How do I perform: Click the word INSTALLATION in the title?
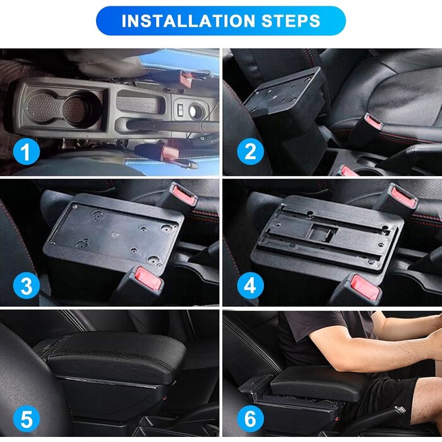188,21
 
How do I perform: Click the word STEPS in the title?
290,21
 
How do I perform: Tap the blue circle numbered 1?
27,152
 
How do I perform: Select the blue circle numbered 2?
250,152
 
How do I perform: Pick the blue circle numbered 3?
27,285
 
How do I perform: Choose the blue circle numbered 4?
250,285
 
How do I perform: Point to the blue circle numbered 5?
27,419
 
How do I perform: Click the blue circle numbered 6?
250,419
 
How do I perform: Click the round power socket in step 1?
196,111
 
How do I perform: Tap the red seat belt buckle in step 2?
373,121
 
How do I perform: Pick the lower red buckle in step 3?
148,279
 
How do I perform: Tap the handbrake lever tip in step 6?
400,410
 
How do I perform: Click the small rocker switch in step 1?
181,108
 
